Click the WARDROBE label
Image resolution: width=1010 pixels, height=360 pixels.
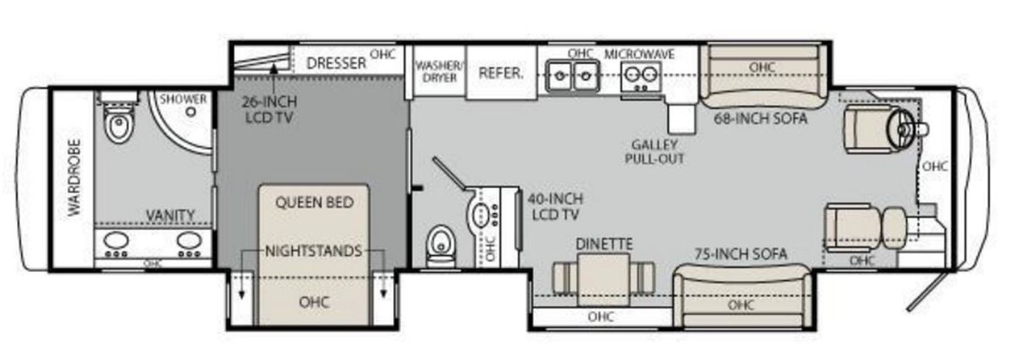75,177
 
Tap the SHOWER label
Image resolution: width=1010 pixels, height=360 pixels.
183,100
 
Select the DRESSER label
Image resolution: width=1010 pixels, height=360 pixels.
336,63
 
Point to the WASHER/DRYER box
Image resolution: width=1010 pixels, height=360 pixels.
439,71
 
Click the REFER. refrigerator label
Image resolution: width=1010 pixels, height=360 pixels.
501,73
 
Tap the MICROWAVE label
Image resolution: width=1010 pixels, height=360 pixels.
639,55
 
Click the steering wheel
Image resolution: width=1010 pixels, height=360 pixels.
900,129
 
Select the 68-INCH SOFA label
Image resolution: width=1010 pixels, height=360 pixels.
760,118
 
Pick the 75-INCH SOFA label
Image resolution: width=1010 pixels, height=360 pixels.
741,254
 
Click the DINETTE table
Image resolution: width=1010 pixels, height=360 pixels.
603,279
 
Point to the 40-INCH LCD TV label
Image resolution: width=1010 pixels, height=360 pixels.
555,206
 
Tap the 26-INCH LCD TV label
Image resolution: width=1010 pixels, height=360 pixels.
269,110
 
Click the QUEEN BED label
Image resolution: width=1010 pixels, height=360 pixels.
315,203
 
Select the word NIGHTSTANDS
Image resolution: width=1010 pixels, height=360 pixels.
313,251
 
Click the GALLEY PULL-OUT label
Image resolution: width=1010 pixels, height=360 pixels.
654,152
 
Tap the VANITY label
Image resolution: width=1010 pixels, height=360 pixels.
170,216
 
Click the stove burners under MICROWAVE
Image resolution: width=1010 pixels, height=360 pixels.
641,76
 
